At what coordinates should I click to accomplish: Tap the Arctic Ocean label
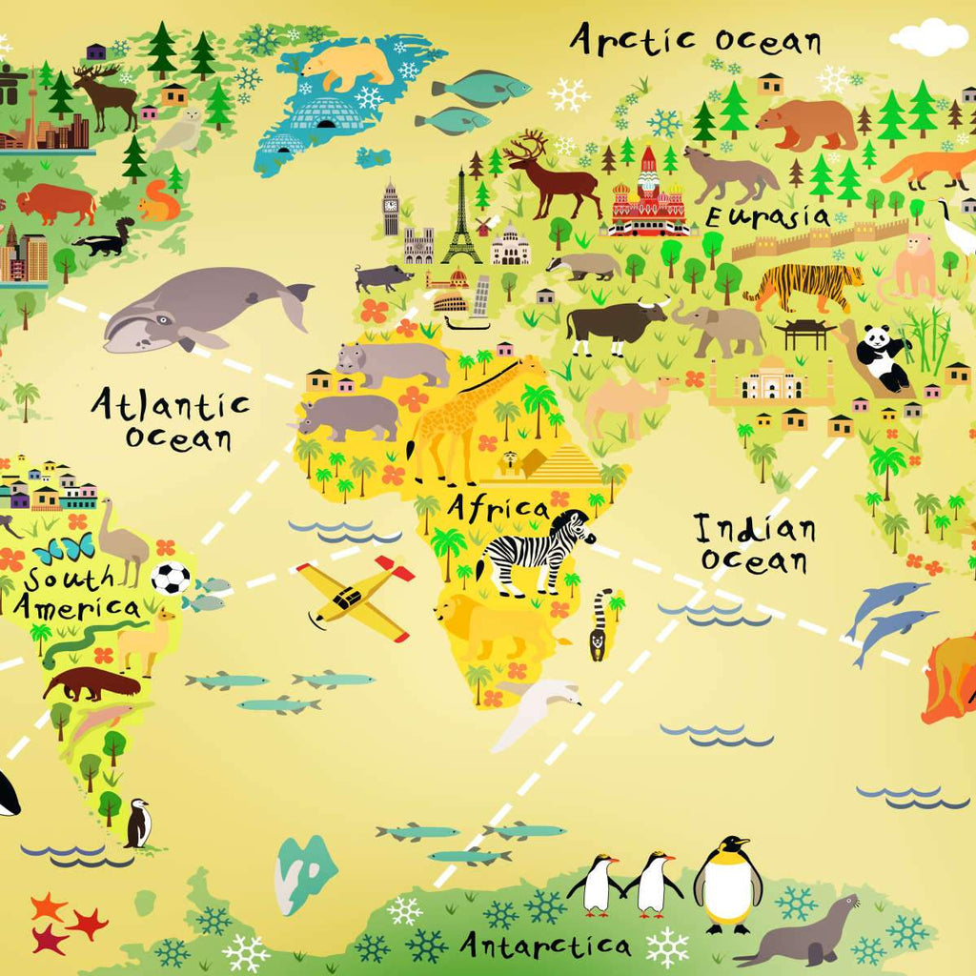(696, 40)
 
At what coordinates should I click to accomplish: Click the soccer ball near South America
(171, 578)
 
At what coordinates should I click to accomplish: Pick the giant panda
(882, 356)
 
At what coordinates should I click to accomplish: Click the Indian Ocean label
(754, 543)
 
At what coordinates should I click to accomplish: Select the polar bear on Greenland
(347, 65)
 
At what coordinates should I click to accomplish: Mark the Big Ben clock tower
(391, 209)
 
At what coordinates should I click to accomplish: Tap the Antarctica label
(545, 945)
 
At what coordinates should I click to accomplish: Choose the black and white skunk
(106, 238)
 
